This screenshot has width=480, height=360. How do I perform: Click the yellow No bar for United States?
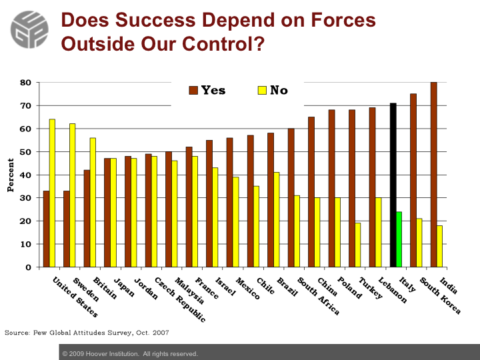53,193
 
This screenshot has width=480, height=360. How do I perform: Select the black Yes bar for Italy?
393,185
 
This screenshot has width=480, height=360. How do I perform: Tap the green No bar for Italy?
399,239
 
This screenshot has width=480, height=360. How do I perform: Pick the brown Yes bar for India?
434,175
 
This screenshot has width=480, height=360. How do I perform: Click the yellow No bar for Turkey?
358,245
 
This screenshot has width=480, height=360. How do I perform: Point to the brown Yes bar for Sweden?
67,229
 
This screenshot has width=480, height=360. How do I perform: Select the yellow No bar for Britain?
93,203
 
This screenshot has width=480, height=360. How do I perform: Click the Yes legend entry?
207,90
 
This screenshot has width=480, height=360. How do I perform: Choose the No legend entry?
273,90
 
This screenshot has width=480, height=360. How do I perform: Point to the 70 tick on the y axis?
26,106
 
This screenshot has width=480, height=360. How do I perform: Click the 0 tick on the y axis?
28,267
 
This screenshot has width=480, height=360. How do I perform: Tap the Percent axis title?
11,175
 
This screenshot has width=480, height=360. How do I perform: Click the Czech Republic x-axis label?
180,300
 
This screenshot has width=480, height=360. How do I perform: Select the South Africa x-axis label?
319,296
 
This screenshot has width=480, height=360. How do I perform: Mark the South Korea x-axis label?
440,295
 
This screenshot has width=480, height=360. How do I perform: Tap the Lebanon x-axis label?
393,290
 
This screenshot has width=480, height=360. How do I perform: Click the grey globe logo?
29,30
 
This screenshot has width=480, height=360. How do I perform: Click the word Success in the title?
155,20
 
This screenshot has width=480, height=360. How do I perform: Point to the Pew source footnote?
87,333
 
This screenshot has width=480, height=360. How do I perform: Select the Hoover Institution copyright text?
130,354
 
